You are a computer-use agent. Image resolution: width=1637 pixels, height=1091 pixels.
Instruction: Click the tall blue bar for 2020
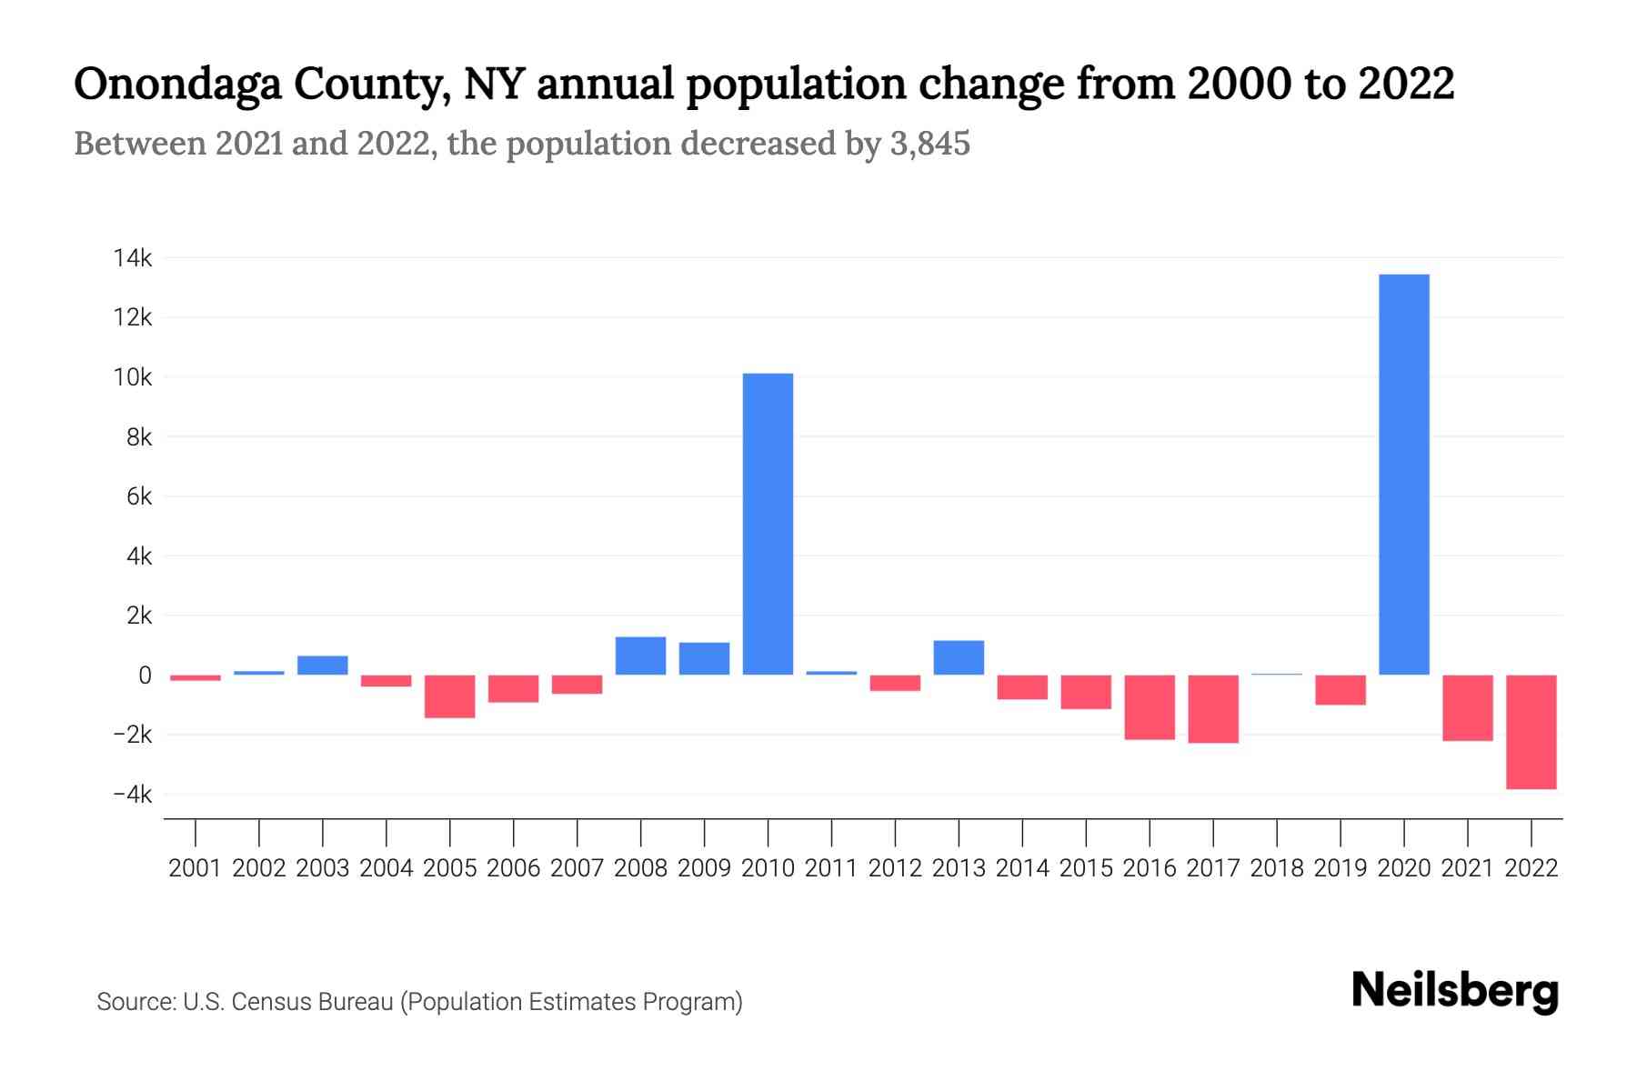(1403, 475)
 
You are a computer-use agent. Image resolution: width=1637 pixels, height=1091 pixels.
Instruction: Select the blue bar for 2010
(768, 524)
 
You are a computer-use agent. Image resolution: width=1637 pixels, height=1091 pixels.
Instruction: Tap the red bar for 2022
(1531, 732)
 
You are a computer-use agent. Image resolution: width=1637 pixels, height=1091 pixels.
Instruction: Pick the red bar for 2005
(449, 696)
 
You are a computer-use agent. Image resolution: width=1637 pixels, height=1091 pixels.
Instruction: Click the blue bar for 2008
(640, 656)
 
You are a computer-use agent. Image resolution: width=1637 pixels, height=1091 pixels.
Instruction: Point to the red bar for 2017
(1212, 709)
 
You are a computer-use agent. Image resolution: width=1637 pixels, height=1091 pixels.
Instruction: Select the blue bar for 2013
(959, 657)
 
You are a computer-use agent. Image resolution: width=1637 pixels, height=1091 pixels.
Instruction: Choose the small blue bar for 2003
(323, 666)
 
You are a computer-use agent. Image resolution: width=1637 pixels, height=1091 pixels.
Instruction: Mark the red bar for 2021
(1467, 707)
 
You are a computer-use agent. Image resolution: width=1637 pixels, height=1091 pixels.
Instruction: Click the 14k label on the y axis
(133, 258)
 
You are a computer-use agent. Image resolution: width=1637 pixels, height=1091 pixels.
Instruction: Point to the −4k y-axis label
(133, 795)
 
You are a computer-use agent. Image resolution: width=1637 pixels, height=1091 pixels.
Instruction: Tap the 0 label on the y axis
(145, 676)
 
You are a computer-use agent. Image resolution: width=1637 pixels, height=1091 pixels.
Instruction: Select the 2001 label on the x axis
(196, 868)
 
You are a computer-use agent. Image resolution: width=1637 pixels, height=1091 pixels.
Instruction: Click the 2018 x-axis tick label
(1276, 868)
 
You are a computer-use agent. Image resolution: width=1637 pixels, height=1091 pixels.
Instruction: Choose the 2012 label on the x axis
(895, 868)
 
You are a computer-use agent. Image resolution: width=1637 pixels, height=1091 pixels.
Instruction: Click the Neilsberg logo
(1454, 991)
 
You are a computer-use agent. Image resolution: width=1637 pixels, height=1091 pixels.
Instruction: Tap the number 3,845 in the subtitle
(929, 144)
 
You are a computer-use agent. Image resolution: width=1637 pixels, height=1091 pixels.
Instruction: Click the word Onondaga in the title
(178, 84)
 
